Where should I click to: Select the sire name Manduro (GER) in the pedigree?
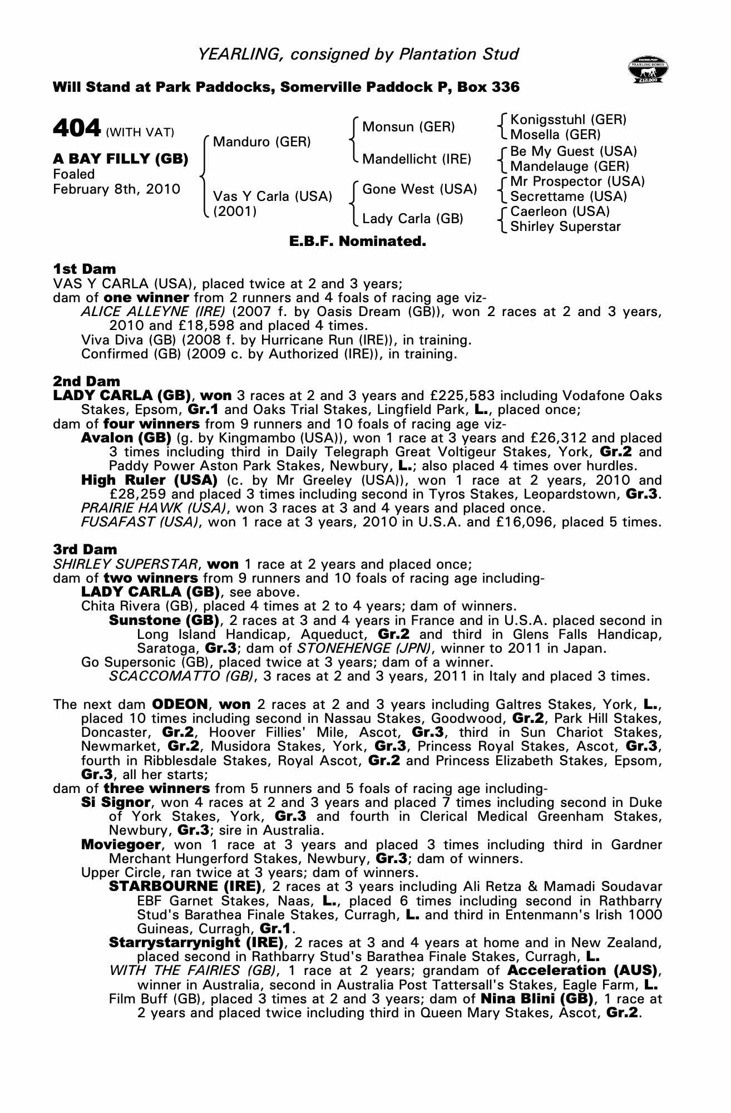click(261, 141)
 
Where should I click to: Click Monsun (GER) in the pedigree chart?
click(408, 127)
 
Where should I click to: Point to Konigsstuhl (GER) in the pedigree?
click(568, 120)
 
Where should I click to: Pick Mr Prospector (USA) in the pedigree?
click(577, 181)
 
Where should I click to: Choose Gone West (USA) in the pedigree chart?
click(419, 189)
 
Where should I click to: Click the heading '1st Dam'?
click(84, 269)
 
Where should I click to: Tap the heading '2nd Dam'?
click(86, 381)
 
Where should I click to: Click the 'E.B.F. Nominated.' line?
click(358, 242)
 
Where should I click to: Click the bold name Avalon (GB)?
click(126, 438)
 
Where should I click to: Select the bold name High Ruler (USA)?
click(149, 480)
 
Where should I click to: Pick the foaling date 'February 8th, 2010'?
click(117, 189)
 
